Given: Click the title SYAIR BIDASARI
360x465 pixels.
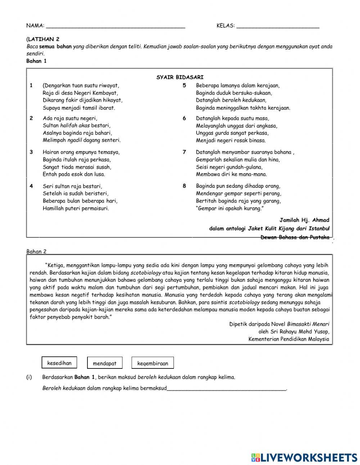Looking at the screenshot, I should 180,77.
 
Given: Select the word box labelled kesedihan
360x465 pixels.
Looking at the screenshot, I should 59,363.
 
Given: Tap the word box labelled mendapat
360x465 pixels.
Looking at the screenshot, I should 104,363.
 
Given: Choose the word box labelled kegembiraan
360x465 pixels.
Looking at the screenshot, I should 153,363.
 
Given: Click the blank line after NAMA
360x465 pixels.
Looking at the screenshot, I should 116,26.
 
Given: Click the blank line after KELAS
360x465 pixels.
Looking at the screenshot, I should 278,26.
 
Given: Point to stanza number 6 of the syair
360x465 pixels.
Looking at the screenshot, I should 184,119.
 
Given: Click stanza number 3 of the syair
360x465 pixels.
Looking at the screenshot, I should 31,152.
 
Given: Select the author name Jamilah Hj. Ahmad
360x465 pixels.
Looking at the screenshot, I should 304,220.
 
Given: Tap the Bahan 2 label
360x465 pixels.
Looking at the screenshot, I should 36,251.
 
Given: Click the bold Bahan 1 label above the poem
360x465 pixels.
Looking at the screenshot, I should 36,61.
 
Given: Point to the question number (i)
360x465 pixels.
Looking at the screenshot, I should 29,377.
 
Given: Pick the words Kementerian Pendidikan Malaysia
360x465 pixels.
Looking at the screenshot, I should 288,339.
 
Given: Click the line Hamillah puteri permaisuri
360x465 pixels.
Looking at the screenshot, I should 76,208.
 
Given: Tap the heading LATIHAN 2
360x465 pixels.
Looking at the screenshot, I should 44,39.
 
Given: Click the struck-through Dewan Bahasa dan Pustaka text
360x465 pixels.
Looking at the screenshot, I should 294,237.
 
